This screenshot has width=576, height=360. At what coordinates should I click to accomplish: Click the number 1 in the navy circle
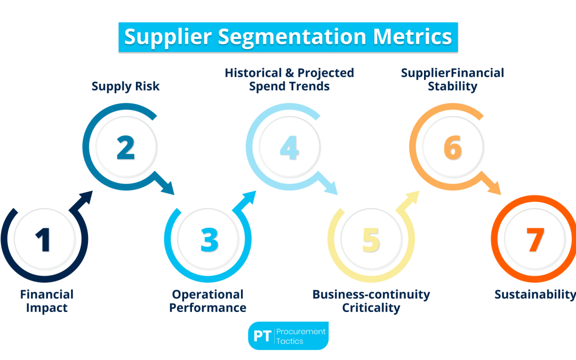click(44, 239)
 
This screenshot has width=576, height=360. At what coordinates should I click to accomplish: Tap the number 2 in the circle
click(125, 147)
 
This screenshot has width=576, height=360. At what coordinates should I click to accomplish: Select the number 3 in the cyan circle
click(209, 239)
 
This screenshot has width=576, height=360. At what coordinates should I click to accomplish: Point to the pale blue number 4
click(289, 147)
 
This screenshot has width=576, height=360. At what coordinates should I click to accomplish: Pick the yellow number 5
click(371, 239)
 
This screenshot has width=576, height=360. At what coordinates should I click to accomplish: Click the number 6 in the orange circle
click(452, 147)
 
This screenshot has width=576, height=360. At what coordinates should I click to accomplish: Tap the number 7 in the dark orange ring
click(534, 239)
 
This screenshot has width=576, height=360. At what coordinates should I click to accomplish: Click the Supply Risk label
click(125, 86)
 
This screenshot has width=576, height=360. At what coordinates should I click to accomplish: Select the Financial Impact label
click(47, 301)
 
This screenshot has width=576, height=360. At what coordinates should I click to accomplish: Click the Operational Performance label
click(208, 301)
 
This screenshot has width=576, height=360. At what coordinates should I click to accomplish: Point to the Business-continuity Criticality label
click(371, 301)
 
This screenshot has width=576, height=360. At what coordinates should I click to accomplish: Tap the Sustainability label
click(535, 294)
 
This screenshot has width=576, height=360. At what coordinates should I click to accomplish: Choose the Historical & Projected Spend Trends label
click(289, 79)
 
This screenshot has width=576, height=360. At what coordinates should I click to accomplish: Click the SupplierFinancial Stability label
click(452, 79)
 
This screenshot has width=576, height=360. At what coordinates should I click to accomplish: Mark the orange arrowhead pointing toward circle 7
click(494, 188)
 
